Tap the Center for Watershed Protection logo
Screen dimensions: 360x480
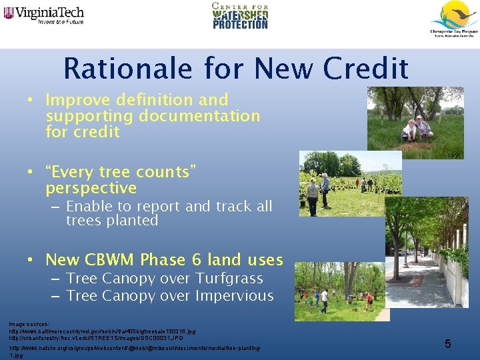coord(240,16)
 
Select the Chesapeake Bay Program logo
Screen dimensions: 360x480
coord(453,19)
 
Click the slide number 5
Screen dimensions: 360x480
coord(448,344)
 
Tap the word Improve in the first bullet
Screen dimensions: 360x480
coord(78,100)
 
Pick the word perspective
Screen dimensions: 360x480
coord(91,189)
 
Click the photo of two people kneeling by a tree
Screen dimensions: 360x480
coord(415,119)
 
